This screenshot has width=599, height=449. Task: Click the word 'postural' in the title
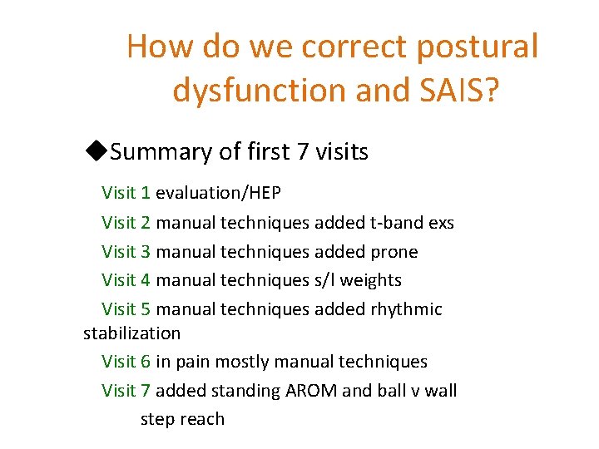(478, 47)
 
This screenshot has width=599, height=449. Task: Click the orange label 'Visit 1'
(126, 194)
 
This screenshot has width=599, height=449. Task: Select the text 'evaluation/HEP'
(218, 194)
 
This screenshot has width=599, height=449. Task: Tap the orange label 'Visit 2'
(126, 223)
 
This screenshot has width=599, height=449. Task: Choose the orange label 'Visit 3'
(126, 252)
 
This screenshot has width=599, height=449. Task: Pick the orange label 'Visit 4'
(126, 280)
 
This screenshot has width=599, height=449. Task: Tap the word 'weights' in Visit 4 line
(369, 280)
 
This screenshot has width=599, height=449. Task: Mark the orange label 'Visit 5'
(126, 309)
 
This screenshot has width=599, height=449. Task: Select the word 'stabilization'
(131, 333)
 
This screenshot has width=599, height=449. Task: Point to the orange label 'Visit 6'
(126, 362)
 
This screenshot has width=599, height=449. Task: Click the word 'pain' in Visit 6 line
(195, 363)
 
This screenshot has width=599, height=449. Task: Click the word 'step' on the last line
(158, 419)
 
